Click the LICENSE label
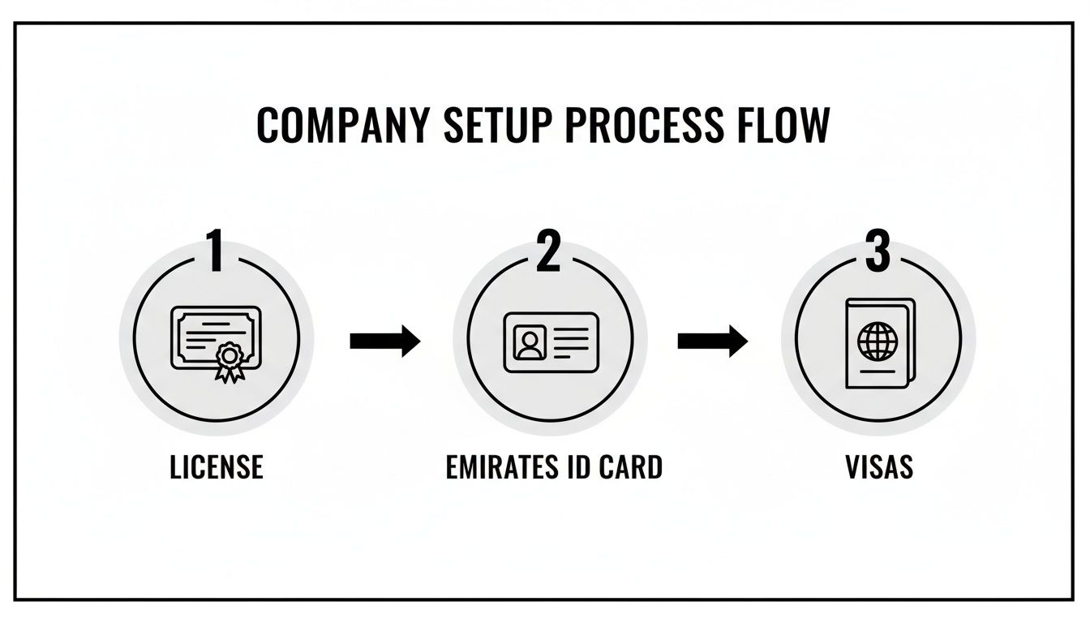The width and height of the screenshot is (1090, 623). [x=217, y=467]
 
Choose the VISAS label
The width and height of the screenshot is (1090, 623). [x=879, y=467]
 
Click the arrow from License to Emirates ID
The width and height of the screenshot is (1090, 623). [x=384, y=342]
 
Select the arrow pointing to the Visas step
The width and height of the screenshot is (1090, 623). [x=712, y=342]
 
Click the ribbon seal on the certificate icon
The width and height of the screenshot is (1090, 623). [x=230, y=359]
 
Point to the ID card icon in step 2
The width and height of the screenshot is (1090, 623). [x=551, y=342]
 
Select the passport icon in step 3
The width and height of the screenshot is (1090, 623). [x=879, y=344]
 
